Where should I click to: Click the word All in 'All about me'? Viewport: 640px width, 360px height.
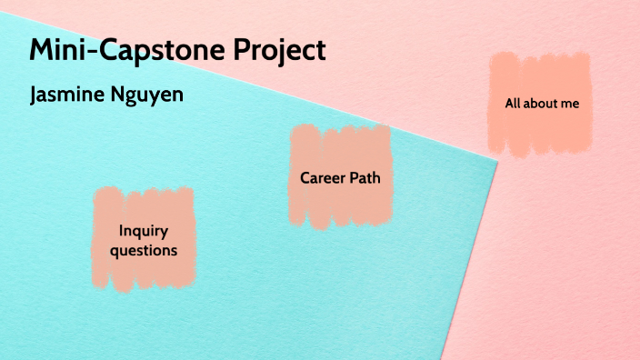click(x=514, y=104)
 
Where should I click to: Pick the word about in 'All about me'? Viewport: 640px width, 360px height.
click(x=541, y=104)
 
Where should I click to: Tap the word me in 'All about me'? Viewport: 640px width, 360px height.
click(x=570, y=104)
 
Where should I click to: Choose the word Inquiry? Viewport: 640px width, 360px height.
click(x=144, y=231)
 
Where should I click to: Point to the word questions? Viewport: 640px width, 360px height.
click(x=144, y=249)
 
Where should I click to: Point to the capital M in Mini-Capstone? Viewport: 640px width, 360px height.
click(x=43, y=50)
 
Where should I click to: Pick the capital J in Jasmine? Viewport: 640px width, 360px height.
click(x=35, y=95)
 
